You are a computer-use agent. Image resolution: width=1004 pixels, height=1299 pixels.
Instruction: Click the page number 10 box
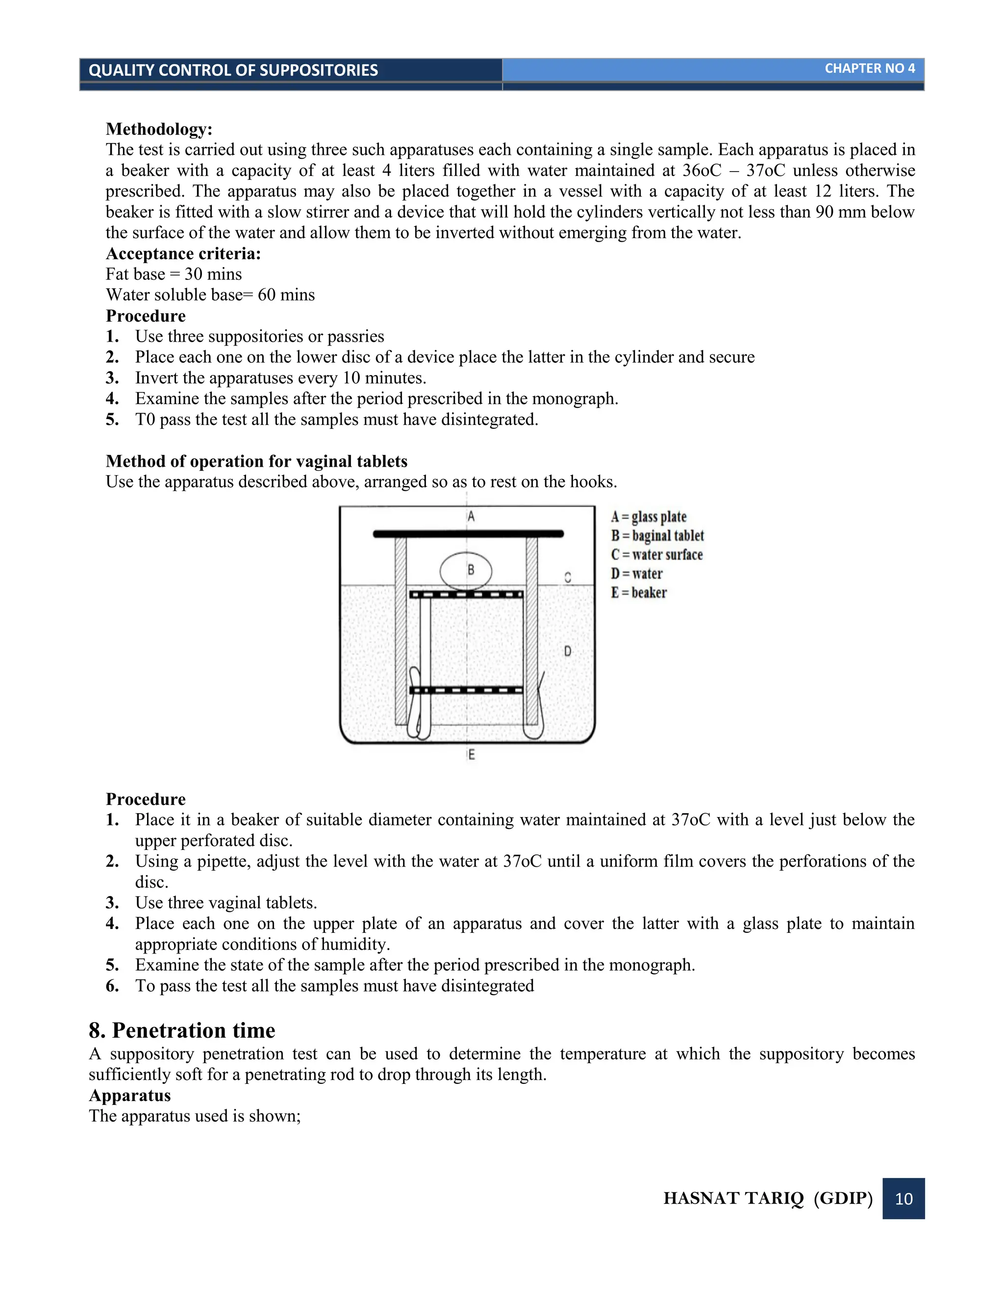903,1198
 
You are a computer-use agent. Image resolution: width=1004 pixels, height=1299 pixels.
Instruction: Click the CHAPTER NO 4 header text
869,69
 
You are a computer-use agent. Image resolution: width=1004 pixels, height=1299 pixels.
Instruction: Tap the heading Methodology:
159,129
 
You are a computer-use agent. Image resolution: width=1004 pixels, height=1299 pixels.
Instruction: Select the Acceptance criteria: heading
183,253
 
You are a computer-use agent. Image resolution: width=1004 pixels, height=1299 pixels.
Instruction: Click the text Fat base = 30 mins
174,274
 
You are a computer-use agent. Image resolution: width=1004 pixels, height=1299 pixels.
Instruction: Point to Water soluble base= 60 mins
210,295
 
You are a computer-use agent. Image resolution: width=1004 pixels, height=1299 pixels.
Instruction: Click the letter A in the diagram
471,516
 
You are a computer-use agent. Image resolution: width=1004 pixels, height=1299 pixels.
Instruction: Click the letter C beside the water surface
567,577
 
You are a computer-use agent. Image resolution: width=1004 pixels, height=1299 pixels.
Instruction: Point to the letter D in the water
567,651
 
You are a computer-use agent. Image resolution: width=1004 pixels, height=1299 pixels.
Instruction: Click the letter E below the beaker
471,755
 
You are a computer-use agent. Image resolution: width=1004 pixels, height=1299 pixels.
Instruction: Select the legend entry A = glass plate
648,516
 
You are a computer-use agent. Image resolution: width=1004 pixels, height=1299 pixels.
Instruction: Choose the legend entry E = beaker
639,593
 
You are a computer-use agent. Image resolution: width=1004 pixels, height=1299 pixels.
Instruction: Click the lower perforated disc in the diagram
466,691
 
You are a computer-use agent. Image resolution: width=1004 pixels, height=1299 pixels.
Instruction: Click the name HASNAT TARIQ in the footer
733,1198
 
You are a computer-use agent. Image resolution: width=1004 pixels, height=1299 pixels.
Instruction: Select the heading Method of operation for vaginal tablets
256,462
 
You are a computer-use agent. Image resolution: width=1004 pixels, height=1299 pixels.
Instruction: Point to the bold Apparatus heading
129,1095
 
